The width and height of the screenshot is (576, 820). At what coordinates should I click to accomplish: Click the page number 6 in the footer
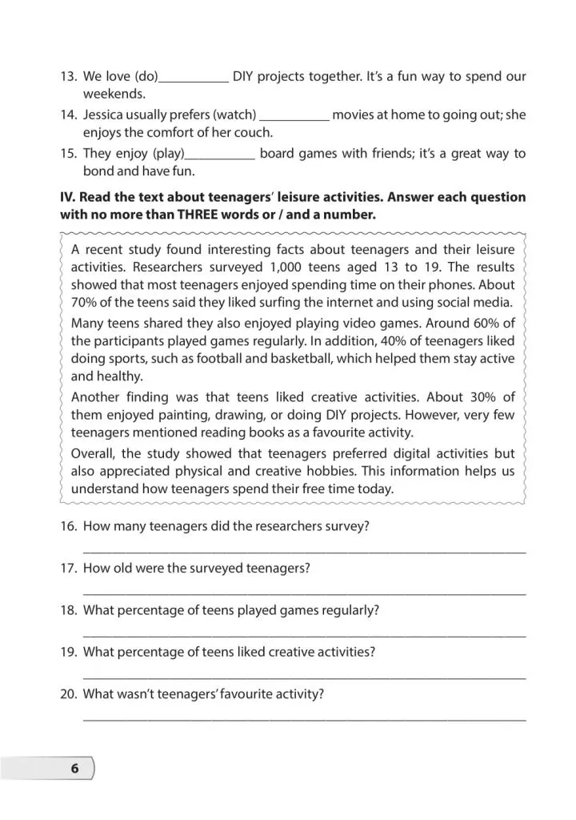(x=74, y=768)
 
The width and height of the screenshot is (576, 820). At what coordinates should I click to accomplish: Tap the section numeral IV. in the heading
(x=68, y=197)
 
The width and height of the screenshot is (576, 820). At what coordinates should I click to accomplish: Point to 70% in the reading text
(x=86, y=303)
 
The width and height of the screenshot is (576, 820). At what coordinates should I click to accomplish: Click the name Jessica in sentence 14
(x=106, y=115)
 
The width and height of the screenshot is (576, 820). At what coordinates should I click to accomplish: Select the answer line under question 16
(x=304, y=552)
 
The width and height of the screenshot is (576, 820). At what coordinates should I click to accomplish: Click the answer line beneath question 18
(x=304, y=636)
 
